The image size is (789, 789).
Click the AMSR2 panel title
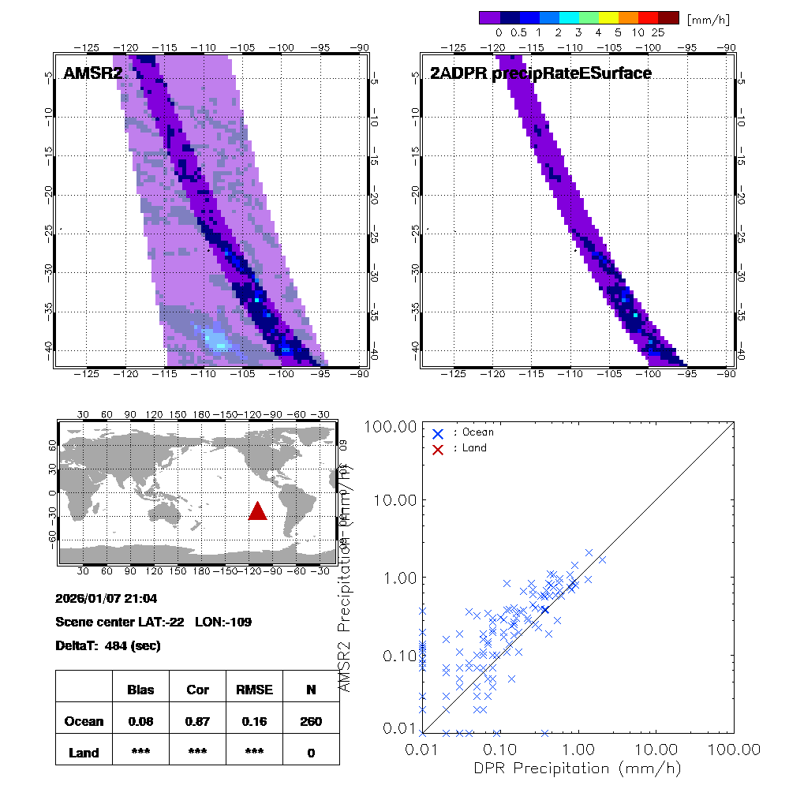point(93,73)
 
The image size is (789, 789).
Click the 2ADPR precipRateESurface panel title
point(540,73)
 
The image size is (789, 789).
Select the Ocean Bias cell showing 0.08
point(140,721)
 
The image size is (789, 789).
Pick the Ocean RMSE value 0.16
point(254,721)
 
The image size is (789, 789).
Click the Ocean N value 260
point(311,721)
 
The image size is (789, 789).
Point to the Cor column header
point(197,690)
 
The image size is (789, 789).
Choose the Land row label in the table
point(84,753)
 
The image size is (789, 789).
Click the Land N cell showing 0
point(311,753)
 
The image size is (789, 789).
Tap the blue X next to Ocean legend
point(438,432)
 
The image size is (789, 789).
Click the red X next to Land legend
point(438,448)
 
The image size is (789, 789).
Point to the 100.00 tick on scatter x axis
point(734,749)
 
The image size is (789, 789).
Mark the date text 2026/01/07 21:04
point(107,599)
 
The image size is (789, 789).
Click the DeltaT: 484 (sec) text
point(108,645)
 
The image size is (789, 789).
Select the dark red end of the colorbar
point(668,17)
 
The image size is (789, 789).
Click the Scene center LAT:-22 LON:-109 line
point(154,622)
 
